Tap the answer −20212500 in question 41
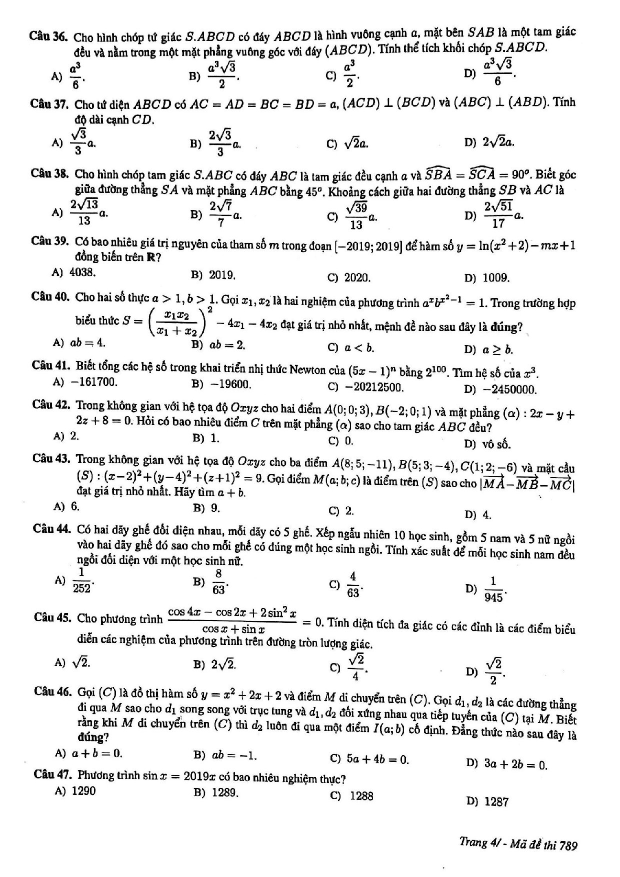coord(375,387)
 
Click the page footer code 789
coord(568,846)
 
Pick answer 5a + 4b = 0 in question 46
coord(377,759)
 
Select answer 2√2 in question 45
coord(223,664)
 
